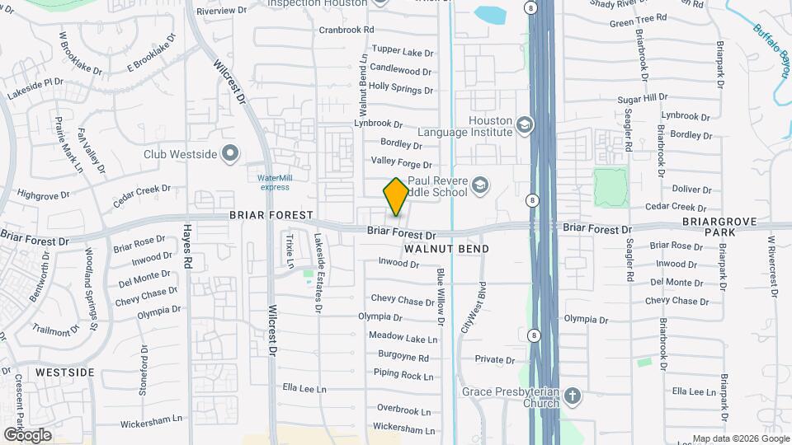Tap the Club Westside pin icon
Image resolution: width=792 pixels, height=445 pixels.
230,153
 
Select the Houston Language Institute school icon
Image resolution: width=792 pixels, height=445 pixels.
523,125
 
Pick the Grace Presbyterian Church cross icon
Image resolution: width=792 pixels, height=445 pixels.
573,397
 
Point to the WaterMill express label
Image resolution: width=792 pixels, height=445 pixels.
274,182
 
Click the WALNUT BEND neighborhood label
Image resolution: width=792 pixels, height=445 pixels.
446,249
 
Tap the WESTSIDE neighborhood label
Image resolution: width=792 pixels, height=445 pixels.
65,372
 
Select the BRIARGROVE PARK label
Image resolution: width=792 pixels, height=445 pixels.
709,227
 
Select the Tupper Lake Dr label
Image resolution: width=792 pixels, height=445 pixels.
402,51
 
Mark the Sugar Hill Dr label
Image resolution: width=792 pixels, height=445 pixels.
642,98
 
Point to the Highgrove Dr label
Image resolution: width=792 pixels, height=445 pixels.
44,195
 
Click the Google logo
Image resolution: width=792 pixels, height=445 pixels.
27,435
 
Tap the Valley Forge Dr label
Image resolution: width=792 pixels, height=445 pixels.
402,162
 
